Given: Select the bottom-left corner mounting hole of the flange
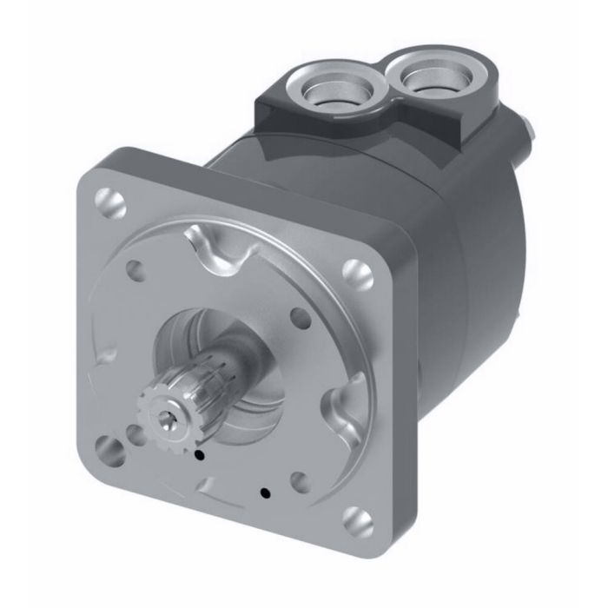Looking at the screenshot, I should coord(110,449).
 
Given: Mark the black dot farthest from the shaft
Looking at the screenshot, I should coord(265,493).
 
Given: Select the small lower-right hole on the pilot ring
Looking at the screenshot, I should coord(298,479).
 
